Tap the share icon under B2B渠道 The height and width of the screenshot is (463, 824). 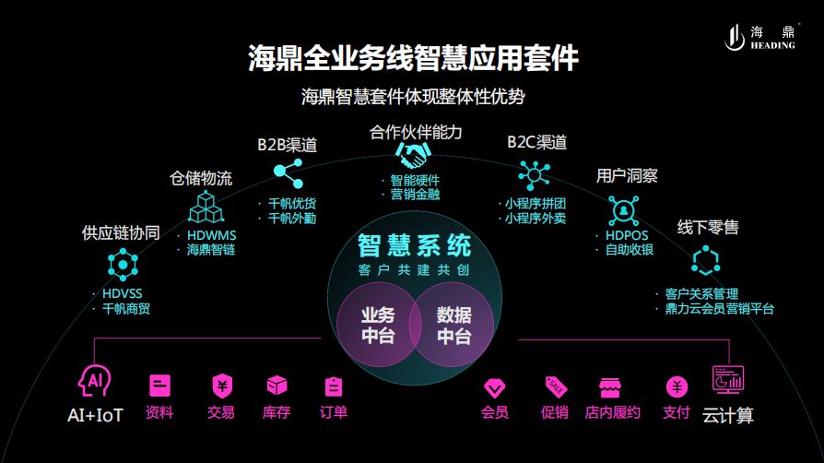288,172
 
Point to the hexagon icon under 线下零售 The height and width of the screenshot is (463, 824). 705,261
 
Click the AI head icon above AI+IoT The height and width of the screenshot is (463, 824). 95,379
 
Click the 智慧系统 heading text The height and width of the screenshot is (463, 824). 415,245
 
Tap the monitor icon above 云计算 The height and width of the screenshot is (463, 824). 728,379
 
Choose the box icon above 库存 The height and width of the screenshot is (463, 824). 277,386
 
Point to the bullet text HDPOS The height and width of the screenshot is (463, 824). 627,235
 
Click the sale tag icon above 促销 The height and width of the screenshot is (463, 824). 555,386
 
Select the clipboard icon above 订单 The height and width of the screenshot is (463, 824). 334,386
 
